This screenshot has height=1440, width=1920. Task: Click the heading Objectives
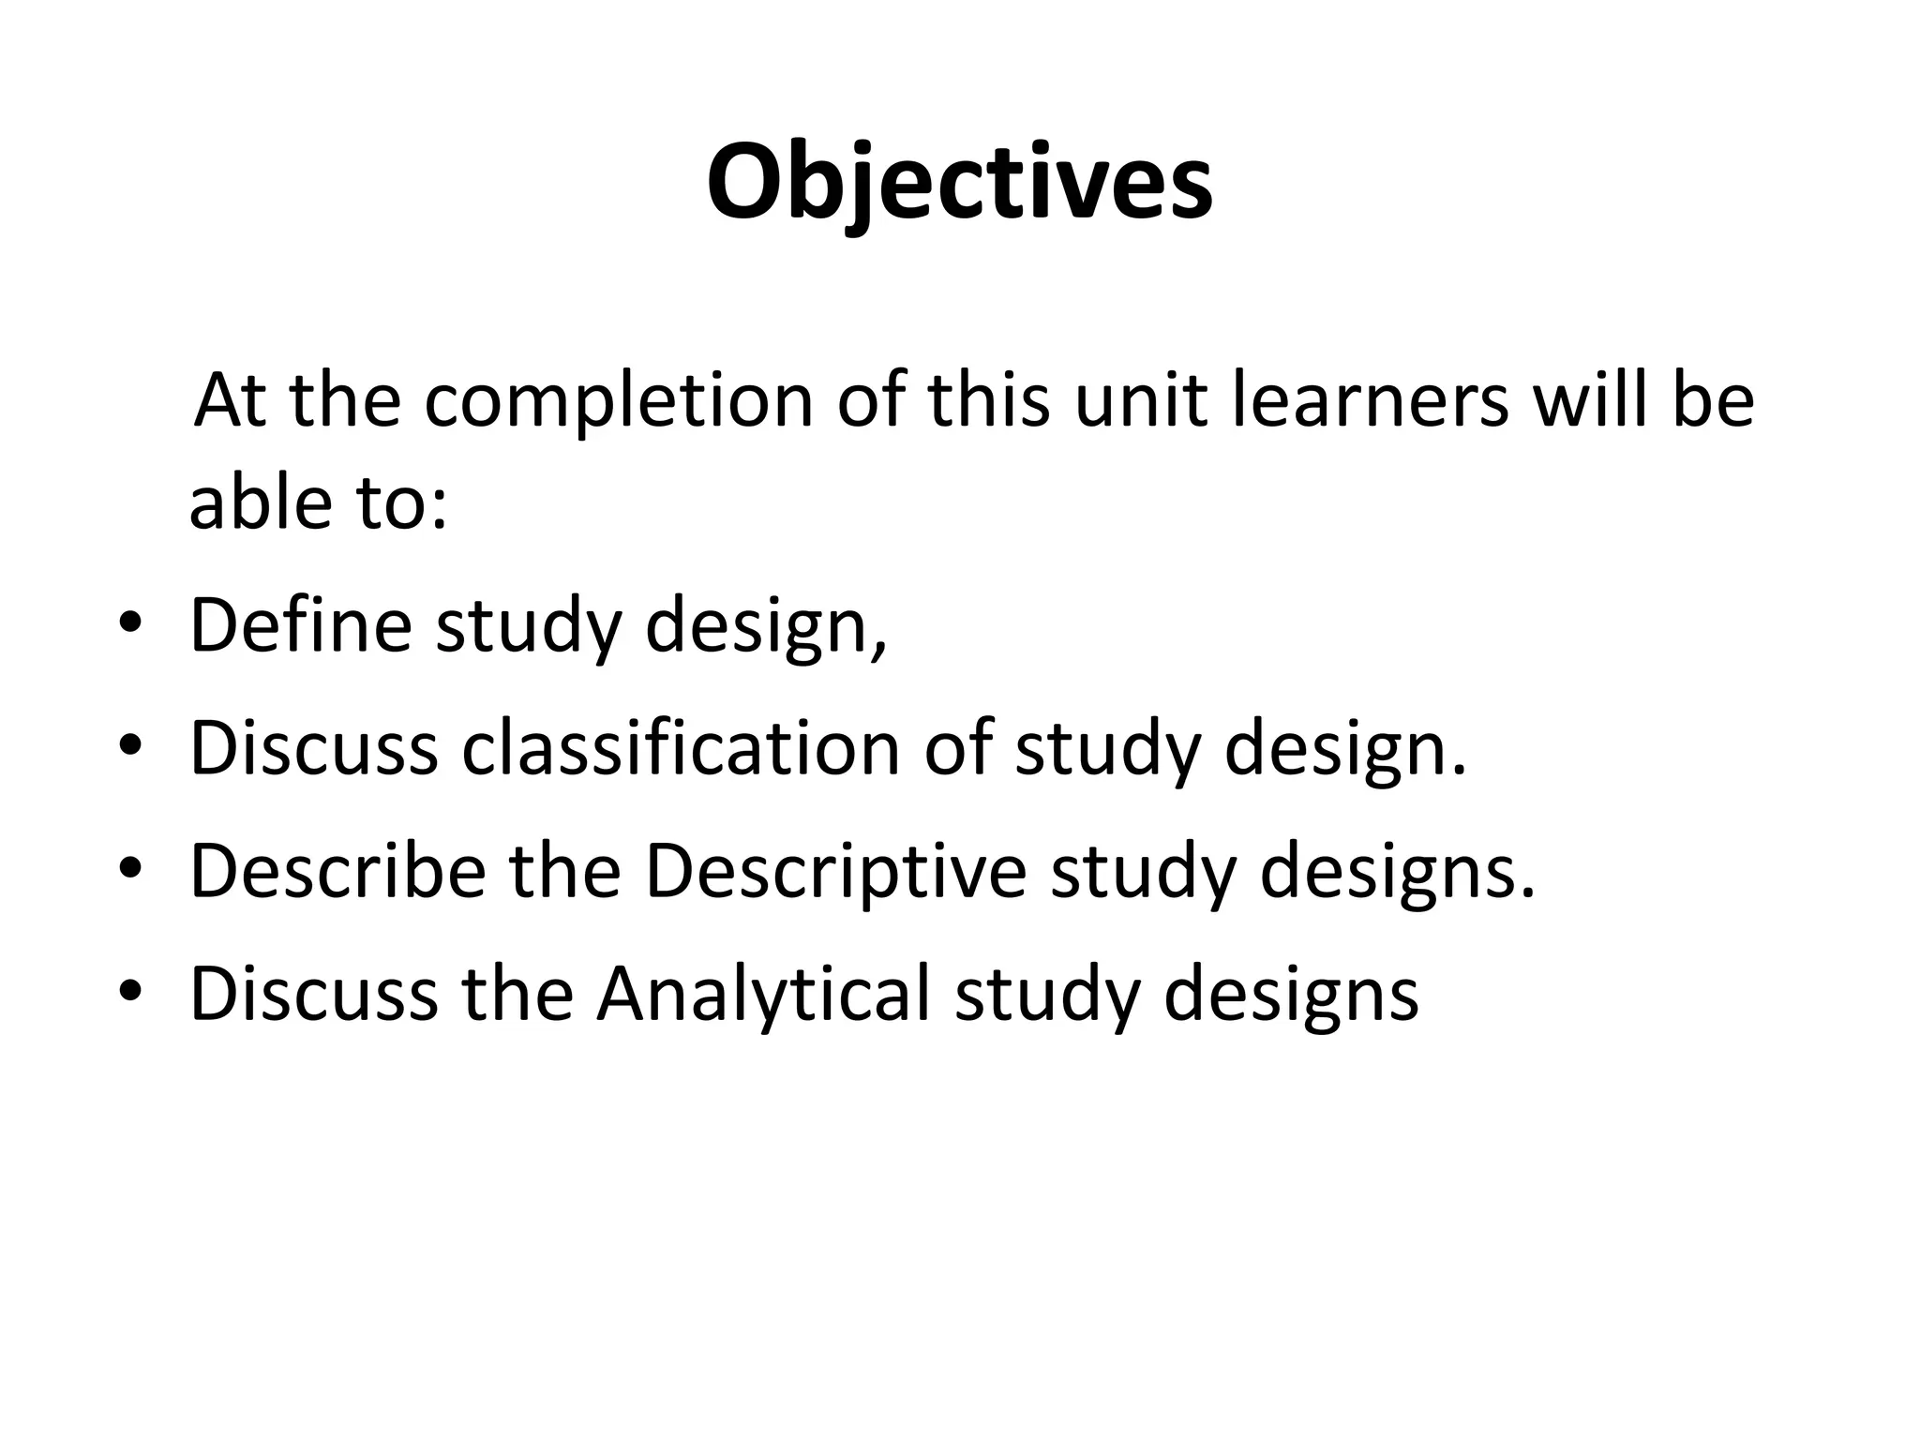(x=959, y=184)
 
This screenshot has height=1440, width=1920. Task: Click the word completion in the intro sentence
(x=618, y=400)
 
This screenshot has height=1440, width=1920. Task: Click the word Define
(x=301, y=625)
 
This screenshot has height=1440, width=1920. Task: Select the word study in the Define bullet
(x=529, y=625)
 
